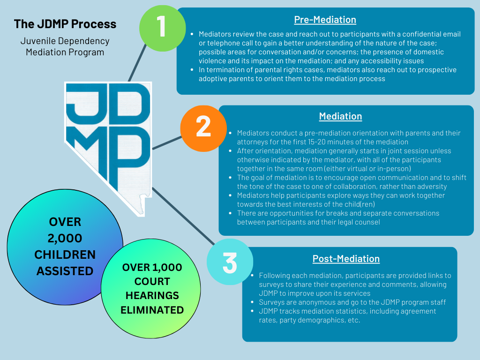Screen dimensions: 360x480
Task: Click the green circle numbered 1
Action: point(161,27)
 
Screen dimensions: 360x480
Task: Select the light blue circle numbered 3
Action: point(229,263)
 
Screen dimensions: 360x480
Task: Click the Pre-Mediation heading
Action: point(325,20)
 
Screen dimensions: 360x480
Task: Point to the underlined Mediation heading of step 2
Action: point(340,116)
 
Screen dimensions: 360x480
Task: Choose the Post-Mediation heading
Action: point(346,259)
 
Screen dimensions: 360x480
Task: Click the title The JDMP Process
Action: point(65,24)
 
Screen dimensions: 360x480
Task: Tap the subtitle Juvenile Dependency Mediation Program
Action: point(65,46)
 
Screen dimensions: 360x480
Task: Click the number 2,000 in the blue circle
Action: point(65,238)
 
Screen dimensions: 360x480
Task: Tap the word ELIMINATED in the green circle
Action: point(152,310)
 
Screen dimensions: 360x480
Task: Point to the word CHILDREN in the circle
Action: point(65,255)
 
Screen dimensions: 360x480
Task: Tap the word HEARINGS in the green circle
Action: point(152,296)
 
